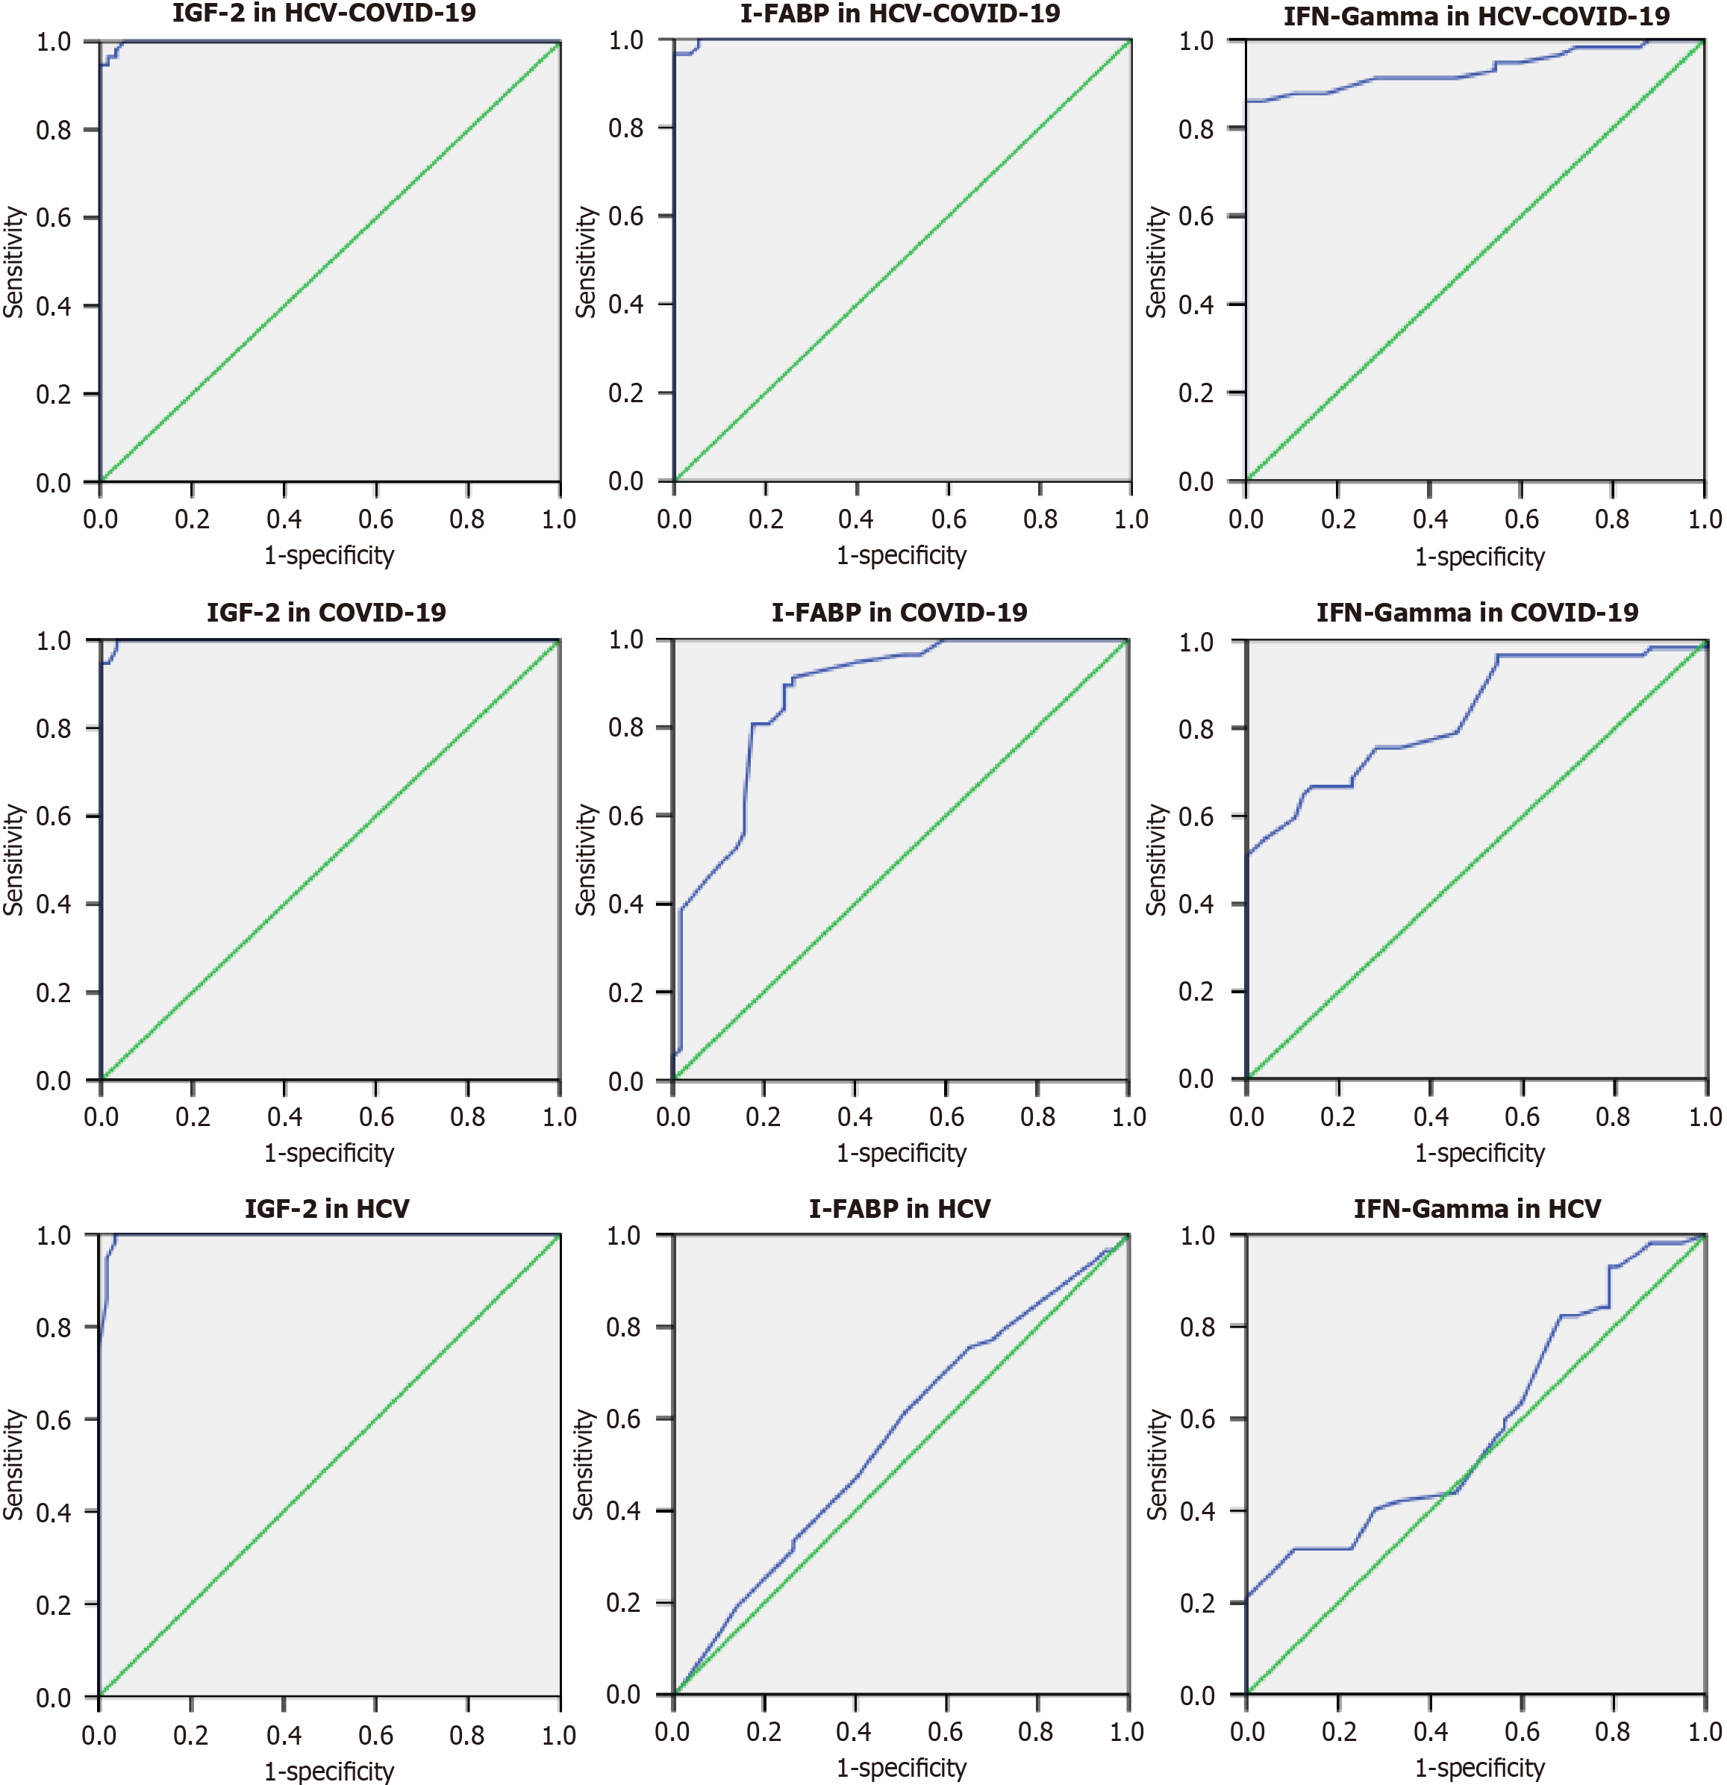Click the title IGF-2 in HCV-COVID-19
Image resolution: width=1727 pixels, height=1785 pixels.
click(x=323, y=13)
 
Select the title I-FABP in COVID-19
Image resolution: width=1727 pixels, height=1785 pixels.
click(x=899, y=612)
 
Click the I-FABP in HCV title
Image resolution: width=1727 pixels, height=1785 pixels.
click(x=899, y=1208)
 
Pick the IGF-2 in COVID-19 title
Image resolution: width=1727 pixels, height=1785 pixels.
click(x=326, y=612)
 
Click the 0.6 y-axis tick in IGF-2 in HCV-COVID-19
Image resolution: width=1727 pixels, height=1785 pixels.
click(x=54, y=218)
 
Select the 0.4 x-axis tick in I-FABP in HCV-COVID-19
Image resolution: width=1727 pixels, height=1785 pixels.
click(x=856, y=519)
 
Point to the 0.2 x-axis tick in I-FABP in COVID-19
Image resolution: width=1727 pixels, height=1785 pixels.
click(x=763, y=1116)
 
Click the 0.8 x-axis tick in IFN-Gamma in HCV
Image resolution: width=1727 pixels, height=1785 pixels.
click(x=1613, y=1731)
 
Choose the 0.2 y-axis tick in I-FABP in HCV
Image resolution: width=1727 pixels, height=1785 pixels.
click(x=624, y=1603)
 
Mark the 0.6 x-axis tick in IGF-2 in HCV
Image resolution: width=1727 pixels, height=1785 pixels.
click(x=375, y=1735)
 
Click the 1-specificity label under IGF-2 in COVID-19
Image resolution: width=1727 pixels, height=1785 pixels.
click(x=329, y=1153)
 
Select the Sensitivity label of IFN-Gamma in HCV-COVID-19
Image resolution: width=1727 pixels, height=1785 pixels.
click(x=1157, y=262)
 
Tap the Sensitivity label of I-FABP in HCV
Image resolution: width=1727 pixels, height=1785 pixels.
click(x=583, y=1464)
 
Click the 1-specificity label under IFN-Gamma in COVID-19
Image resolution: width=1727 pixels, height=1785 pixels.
click(x=1479, y=1153)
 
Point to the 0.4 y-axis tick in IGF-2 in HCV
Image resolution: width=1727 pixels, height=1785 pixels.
click(x=54, y=1513)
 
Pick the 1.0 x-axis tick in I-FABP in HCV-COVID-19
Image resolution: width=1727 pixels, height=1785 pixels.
click(x=1131, y=519)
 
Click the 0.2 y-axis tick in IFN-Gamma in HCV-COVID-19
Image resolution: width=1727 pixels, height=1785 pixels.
click(x=1196, y=393)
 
